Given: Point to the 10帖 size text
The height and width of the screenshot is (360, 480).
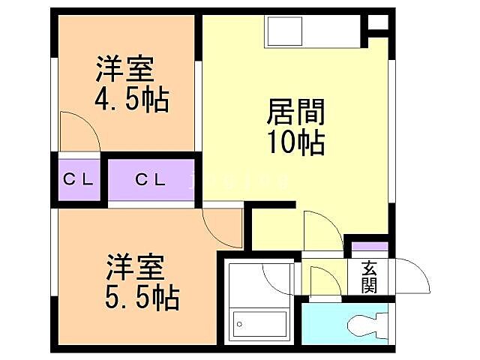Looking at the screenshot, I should click(x=296, y=141).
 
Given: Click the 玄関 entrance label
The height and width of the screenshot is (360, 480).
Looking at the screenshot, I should click(x=368, y=277).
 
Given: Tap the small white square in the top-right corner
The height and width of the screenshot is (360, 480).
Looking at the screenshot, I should click(x=379, y=22).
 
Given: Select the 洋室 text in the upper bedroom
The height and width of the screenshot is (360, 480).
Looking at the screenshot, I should click(x=124, y=70).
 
